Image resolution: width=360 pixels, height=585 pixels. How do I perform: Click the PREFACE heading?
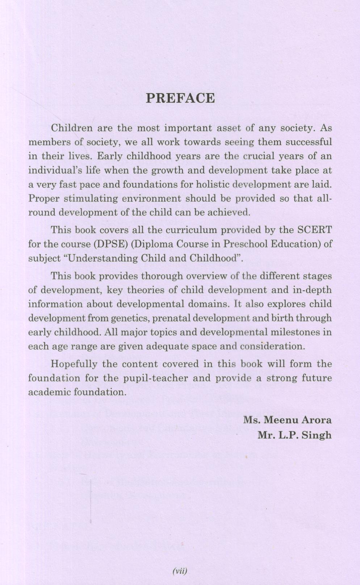(180, 98)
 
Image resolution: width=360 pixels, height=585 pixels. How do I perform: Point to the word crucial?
(259, 156)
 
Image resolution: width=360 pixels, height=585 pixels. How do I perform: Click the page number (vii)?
(180, 571)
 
